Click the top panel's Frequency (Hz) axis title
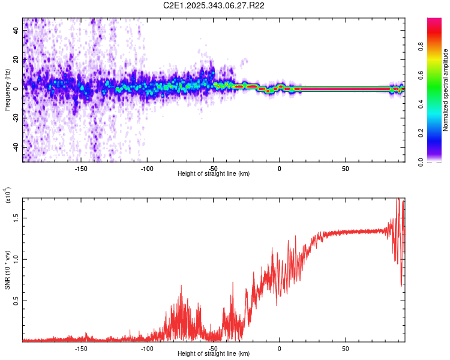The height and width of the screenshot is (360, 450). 7,90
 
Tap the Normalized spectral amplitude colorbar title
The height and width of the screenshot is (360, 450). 446,90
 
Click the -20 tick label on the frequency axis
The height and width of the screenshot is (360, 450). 15,118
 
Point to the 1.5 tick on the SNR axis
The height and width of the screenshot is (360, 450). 16,218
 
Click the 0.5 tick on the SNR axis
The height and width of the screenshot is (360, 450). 16,300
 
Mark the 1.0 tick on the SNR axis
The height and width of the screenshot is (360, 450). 16,259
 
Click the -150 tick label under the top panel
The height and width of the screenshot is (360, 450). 82,168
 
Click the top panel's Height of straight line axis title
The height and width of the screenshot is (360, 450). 214,173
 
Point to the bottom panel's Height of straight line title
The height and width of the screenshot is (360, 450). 214,353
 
